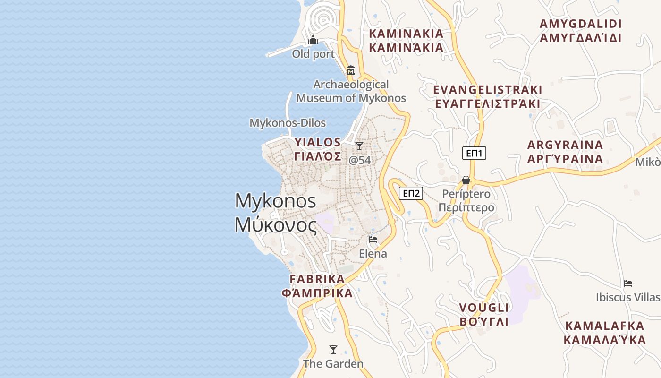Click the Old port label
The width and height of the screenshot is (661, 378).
[x=313, y=54]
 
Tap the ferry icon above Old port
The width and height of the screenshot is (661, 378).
[x=313, y=41]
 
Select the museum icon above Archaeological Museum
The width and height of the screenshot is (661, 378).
[x=351, y=70]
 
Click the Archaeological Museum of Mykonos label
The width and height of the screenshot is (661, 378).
[x=351, y=91]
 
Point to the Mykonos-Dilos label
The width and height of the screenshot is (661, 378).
[x=288, y=123]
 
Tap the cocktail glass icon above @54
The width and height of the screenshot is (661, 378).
[x=359, y=146]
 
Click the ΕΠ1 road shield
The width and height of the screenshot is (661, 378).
[x=474, y=153]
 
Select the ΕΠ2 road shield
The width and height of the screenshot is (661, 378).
[x=411, y=193]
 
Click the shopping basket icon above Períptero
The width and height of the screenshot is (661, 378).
[x=466, y=180]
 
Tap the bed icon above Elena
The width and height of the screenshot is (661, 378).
[x=373, y=240]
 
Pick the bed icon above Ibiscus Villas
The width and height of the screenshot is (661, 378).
[x=627, y=283]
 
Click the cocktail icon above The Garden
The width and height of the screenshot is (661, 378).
[x=333, y=350]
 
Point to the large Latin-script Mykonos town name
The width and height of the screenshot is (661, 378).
[x=275, y=201]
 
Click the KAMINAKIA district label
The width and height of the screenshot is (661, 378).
[x=406, y=34]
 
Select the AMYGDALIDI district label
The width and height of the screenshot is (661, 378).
[x=580, y=24]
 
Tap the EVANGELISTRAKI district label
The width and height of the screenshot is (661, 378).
[x=488, y=90]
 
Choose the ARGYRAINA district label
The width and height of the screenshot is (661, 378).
[x=565, y=145]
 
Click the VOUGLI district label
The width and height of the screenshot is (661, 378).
[x=484, y=308]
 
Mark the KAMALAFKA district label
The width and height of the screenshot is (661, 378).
[x=604, y=326]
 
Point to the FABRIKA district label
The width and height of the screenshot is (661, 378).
[x=317, y=279]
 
